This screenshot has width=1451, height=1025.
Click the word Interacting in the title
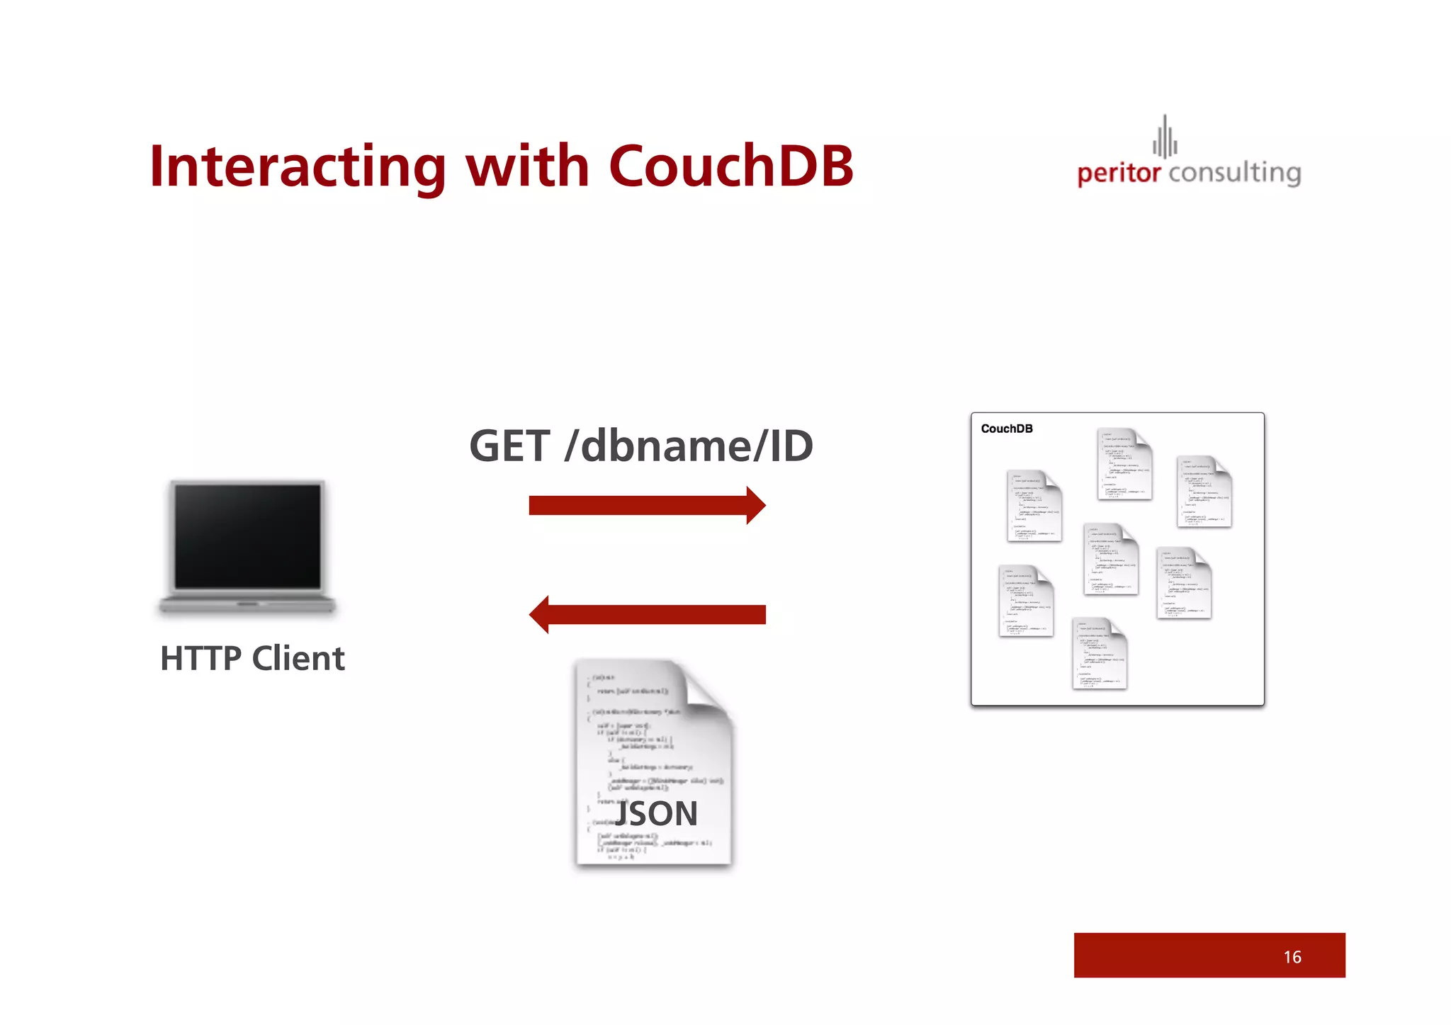coord(298,166)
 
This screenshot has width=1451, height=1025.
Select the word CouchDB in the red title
coord(730,166)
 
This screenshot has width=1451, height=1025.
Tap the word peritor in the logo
coord(1119,173)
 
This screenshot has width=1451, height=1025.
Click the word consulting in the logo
coord(1235,173)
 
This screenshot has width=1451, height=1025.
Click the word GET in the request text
coord(509,446)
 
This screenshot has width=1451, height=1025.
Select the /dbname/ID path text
coord(688,446)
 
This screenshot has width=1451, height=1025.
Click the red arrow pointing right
coord(647,505)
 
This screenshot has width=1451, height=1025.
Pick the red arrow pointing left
coord(647,614)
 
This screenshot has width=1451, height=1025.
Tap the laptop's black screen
coord(248,536)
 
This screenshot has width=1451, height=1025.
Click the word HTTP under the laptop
coord(201,658)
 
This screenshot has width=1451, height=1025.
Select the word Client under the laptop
coord(298,658)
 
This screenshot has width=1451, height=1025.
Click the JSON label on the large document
coord(656,813)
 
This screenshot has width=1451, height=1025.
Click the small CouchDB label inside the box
coord(1006,429)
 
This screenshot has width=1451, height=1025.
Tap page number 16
coord(1292,957)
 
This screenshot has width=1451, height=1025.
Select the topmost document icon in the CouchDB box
coord(1124,464)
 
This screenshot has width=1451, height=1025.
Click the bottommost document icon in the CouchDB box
coord(1100,653)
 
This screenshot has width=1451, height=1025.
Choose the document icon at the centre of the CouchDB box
coord(1110,559)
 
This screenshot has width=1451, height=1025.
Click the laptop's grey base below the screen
coord(247,604)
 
